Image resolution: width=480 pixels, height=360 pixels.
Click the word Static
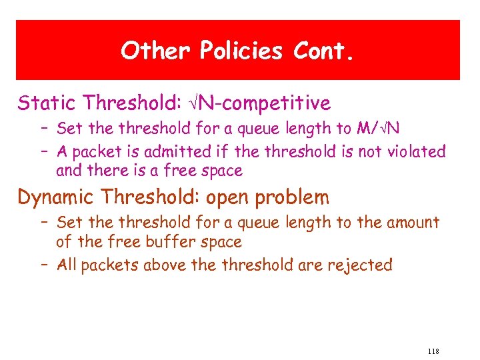tap(48, 103)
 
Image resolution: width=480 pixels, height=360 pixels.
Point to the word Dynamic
tap(58, 197)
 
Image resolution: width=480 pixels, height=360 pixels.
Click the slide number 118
tap(432, 351)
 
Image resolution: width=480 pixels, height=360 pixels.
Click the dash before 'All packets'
tap(45, 265)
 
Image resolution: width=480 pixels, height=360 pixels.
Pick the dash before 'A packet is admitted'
tap(45, 151)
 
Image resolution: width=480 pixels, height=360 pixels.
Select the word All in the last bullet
tap(67, 265)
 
